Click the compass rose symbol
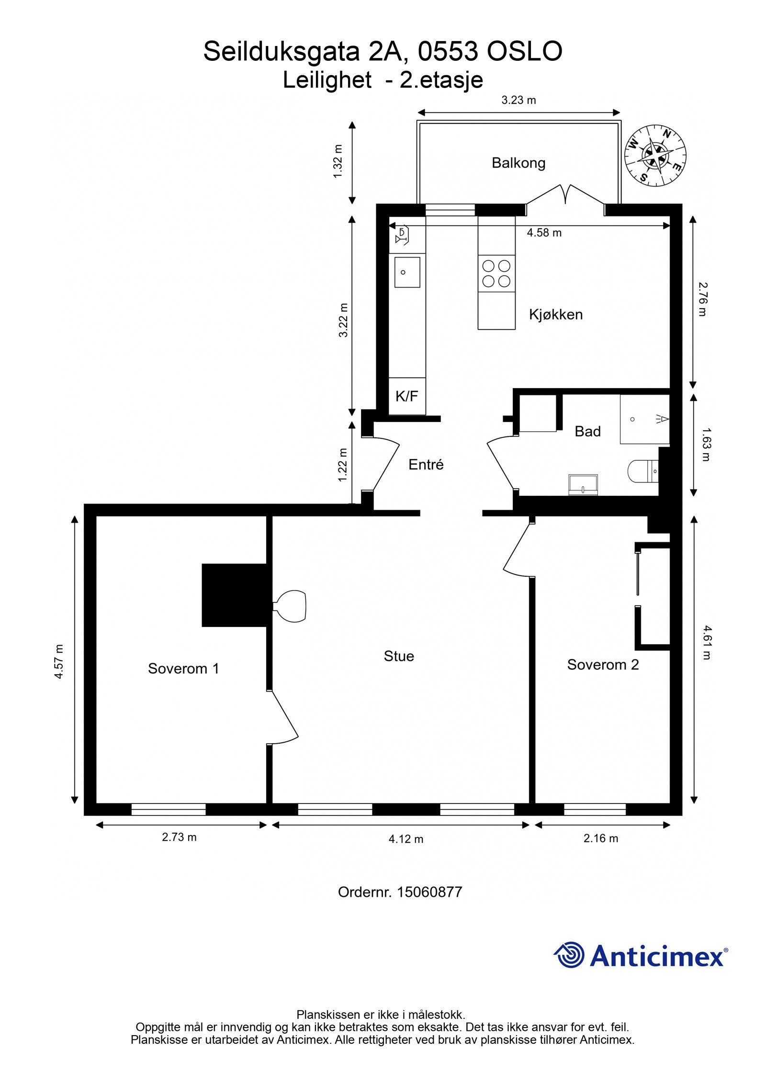(655, 155)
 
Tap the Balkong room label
(518, 163)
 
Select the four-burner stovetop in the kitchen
(496, 273)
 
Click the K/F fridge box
(407, 396)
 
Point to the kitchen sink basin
(407, 272)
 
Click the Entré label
(426, 464)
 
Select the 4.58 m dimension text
(544, 233)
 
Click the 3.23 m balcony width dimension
(518, 100)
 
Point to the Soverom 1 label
(183, 669)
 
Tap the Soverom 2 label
(603, 665)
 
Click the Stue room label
(399, 656)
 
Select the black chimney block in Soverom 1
(234, 595)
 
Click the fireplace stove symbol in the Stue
(290, 606)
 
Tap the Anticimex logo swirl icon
(569, 955)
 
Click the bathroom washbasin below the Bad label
(583, 485)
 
